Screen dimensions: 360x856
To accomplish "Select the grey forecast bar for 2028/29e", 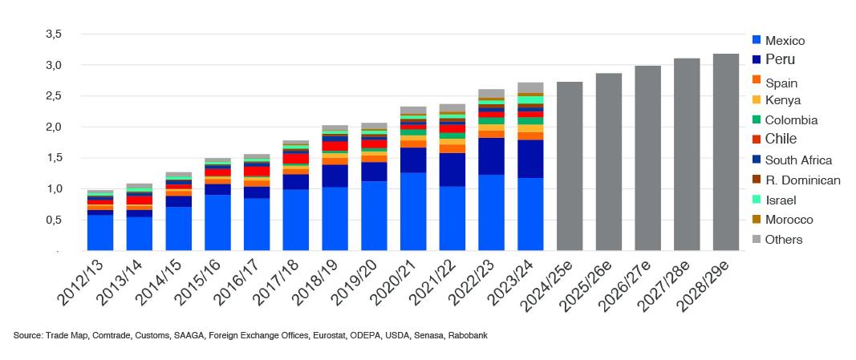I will (x=726, y=152).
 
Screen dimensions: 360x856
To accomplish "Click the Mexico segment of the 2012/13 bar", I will (x=100, y=233).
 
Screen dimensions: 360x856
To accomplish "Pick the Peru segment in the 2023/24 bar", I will (x=530, y=159).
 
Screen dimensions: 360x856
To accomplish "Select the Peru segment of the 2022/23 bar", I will (x=491, y=156).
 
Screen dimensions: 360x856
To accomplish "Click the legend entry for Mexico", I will (x=785, y=41).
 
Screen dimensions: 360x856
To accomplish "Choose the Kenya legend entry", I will (x=782, y=100).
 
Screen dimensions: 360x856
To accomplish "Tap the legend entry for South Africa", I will (x=797, y=160).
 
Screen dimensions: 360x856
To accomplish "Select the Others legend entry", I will (x=783, y=239).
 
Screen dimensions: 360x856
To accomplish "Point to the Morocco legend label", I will (x=789, y=219).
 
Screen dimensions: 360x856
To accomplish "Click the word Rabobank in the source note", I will (x=468, y=335).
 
